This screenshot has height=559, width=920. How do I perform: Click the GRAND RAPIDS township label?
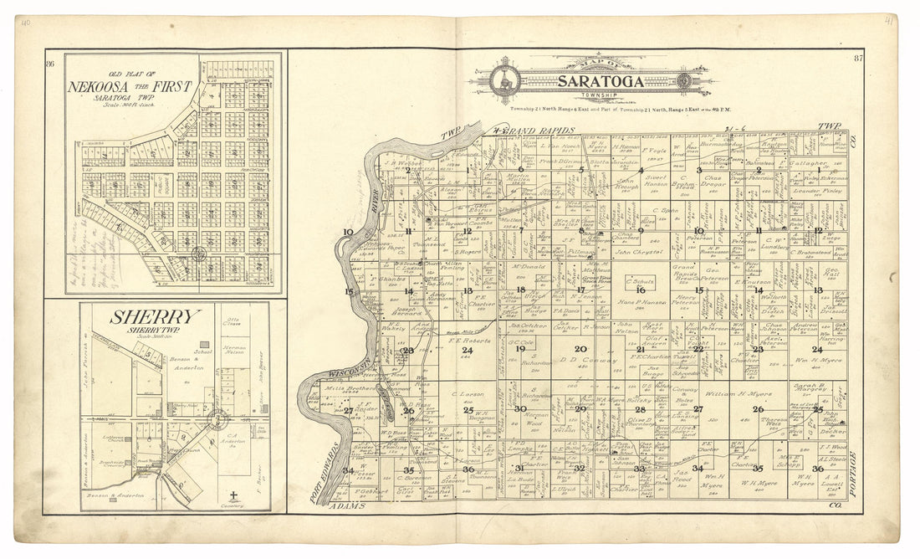[x=535, y=131]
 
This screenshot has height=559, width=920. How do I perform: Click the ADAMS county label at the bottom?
[x=345, y=506]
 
